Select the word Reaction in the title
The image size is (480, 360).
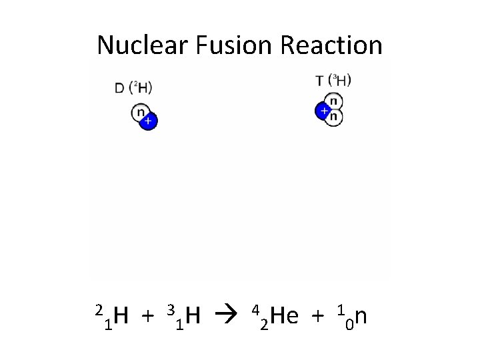331,45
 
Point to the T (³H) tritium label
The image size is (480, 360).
333,81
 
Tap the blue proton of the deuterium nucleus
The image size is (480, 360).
148,121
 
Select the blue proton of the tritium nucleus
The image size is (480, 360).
324,110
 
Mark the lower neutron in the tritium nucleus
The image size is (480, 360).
334,117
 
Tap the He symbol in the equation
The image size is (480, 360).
285,315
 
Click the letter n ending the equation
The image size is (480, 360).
360,315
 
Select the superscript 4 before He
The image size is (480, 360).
255,309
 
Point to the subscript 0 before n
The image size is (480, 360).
348,325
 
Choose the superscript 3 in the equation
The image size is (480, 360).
171,309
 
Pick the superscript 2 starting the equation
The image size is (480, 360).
99,309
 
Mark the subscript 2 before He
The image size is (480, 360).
264,325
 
